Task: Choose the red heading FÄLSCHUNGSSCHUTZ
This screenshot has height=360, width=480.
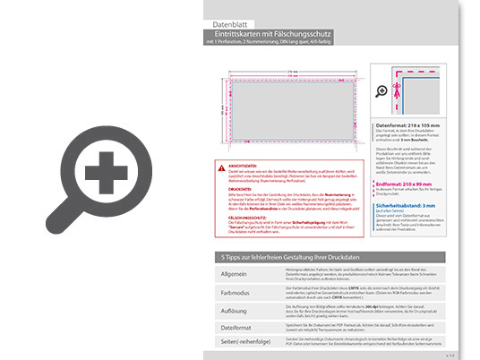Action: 247,218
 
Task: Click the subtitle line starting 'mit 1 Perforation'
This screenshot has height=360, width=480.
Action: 269,42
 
